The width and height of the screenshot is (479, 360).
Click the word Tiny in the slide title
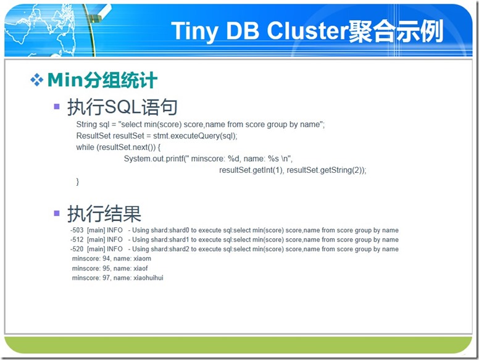(195, 31)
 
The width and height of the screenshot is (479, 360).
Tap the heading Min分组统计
(102, 80)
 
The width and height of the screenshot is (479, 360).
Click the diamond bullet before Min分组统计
(36, 80)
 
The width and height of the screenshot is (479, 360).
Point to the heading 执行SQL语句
(122, 107)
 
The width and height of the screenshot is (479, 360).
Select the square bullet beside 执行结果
(57, 213)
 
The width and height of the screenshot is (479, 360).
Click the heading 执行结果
(104, 213)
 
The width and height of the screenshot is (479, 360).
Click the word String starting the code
(86, 125)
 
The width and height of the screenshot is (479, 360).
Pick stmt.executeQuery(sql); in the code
(195, 136)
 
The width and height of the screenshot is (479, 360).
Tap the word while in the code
(85, 147)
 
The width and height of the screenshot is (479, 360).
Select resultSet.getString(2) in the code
(324, 170)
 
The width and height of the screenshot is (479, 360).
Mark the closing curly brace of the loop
(78, 182)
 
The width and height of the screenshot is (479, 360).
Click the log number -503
(77, 230)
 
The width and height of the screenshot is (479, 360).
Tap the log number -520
(77, 249)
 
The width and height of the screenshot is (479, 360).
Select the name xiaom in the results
(143, 259)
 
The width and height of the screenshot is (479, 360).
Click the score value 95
(106, 269)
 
